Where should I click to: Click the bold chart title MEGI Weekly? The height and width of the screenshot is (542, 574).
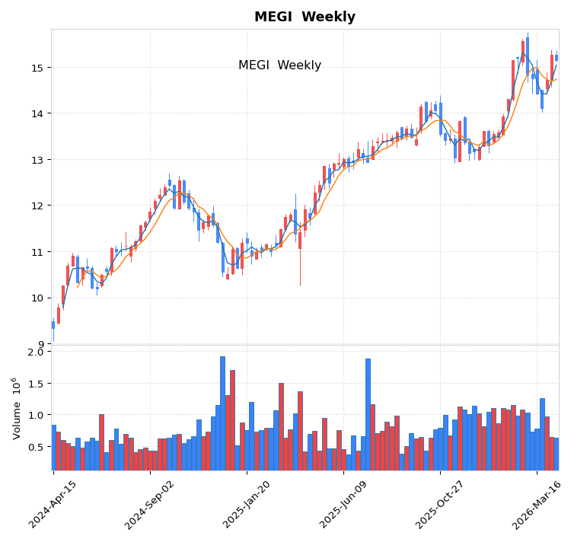(305, 17)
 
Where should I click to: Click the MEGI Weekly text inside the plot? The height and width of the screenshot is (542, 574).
(279, 65)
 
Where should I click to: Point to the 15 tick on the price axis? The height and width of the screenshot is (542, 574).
(37, 68)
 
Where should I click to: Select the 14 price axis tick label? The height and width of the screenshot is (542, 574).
(37, 113)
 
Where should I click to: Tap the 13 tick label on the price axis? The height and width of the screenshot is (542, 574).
(37, 160)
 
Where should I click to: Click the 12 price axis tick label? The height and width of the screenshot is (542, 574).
(37, 206)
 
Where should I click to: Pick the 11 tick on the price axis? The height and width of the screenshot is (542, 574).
(37, 252)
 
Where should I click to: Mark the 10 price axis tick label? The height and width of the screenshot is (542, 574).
(37, 298)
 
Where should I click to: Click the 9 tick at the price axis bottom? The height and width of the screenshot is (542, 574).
(40, 344)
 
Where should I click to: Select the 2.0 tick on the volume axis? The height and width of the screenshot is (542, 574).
(36, 352)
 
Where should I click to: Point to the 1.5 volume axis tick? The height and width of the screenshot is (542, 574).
(36, 384)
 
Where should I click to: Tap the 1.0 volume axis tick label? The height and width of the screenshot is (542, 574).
(36, 415)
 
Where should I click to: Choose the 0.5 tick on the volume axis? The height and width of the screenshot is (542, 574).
(36, 447)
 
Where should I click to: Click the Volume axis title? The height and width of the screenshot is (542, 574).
(16, 408)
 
